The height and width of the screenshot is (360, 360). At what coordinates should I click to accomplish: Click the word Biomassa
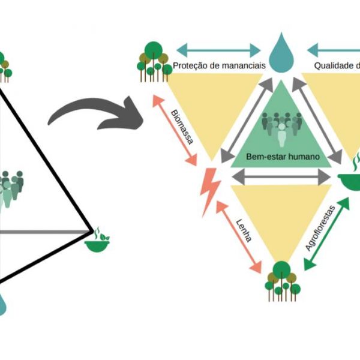[182, 127]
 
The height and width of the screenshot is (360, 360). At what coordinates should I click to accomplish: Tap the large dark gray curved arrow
[96, 111]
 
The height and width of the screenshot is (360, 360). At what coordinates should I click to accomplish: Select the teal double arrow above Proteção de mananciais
[218, 49]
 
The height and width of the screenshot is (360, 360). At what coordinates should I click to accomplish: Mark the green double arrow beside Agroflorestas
[328, 234]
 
